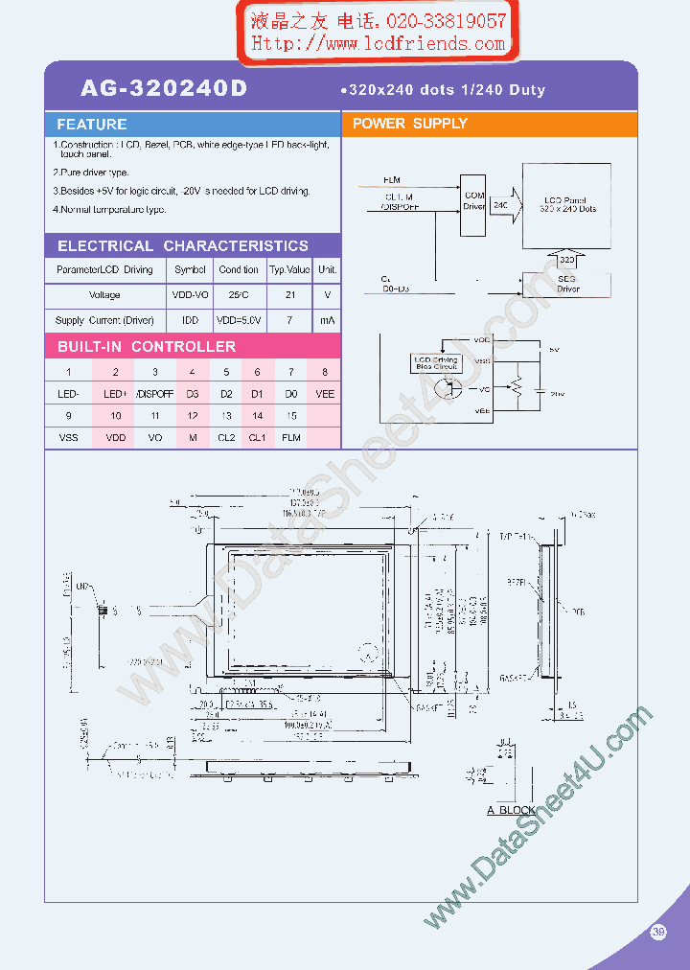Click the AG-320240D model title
164,89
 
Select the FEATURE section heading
92,125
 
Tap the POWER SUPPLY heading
410,124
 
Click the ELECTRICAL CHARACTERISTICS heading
183,246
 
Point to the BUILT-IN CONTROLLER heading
147,347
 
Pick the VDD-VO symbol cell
190,295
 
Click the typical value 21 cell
289,295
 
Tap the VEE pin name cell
325,393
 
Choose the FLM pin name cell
291,437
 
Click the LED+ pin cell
116,393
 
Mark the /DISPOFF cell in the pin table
154,393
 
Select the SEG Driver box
567,285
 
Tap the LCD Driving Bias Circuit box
436,362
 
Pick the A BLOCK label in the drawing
511,810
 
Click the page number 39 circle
658,932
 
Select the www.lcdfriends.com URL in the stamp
379,43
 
